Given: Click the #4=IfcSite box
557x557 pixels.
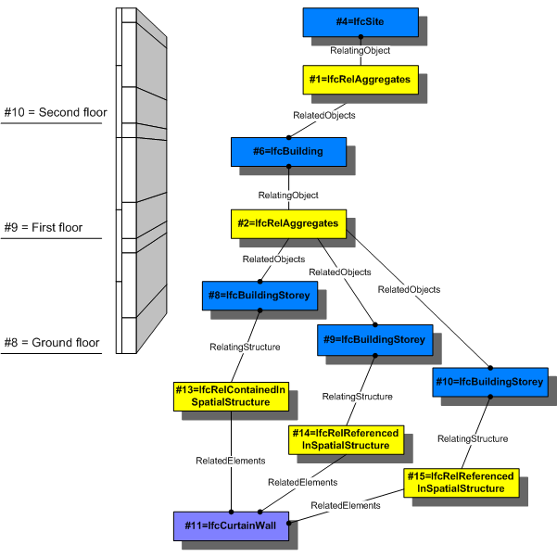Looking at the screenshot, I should (x=360, y=22).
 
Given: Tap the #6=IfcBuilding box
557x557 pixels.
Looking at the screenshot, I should (x=288, y=152).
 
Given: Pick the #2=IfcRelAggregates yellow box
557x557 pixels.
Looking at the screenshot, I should (x=288, y=223).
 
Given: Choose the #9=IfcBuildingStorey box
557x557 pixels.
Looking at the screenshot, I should (x=374, y=339).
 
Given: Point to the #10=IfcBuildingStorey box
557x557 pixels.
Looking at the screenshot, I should (x=490, y=382).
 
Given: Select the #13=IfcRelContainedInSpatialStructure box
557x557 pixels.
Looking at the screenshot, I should (x=230, y=397).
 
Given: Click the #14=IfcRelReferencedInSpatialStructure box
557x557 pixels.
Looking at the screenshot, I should (x=346, y=439).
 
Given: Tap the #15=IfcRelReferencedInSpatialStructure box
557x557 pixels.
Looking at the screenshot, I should (x=462, y=481).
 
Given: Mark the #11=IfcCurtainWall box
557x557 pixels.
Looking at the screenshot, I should (x=231, y=525).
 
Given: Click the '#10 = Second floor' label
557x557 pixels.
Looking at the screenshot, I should (x=56, y=113).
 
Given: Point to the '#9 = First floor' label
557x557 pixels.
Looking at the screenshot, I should (x=49, y=227).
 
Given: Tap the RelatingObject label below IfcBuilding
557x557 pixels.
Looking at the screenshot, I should (x=289, y=196).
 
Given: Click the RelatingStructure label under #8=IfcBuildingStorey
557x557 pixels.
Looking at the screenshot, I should (x=245, y=347).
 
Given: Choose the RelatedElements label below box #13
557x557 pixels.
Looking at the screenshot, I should (x=231, y=460).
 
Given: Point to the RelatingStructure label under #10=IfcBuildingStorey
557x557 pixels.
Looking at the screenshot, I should (x=473, y=438).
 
